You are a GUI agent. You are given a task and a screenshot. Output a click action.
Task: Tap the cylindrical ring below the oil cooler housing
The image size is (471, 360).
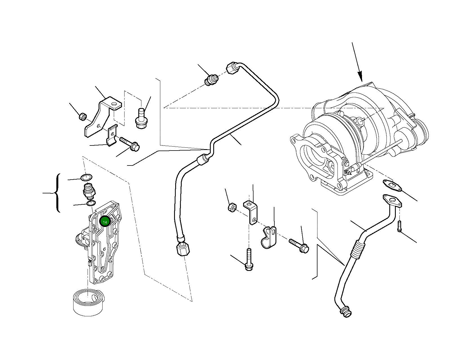(88, 302)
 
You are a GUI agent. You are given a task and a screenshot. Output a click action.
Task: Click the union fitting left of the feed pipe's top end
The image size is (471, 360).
(211, 79)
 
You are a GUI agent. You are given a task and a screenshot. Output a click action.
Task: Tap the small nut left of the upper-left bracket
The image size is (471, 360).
(83, 116)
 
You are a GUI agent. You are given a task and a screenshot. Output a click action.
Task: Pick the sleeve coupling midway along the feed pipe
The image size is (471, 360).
(203, 160)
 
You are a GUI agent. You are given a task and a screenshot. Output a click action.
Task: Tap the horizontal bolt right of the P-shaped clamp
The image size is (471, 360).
(300, 245)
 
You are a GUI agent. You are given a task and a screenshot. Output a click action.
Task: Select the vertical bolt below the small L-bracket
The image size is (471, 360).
(248, 260)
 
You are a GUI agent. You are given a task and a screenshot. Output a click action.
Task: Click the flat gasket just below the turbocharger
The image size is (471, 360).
(392, 185)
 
